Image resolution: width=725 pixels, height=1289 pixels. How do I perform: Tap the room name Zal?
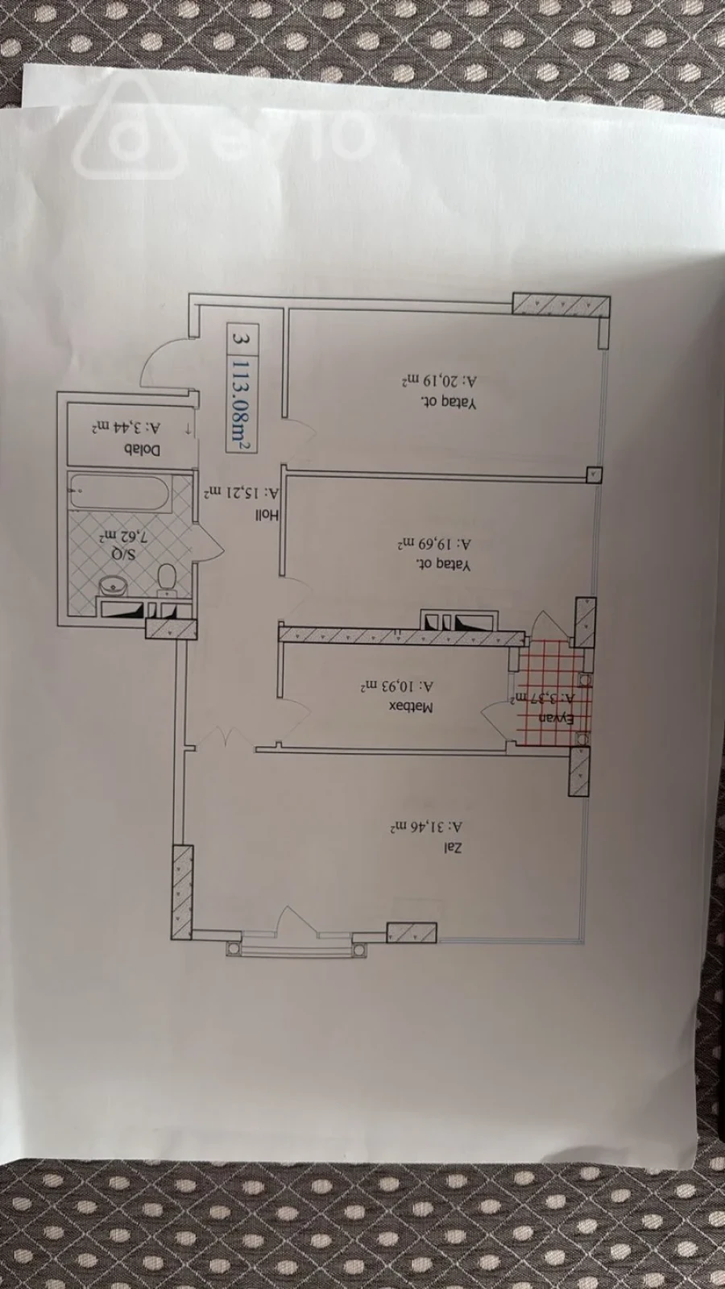coord(454,847)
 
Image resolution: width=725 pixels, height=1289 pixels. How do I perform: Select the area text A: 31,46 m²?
coord(427,827)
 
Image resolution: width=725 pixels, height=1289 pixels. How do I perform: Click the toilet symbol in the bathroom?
coord(167,577)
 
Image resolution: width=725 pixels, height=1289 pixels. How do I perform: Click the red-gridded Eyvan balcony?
coord(553,691)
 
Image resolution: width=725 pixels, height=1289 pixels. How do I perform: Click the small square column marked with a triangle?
coord(593,475)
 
